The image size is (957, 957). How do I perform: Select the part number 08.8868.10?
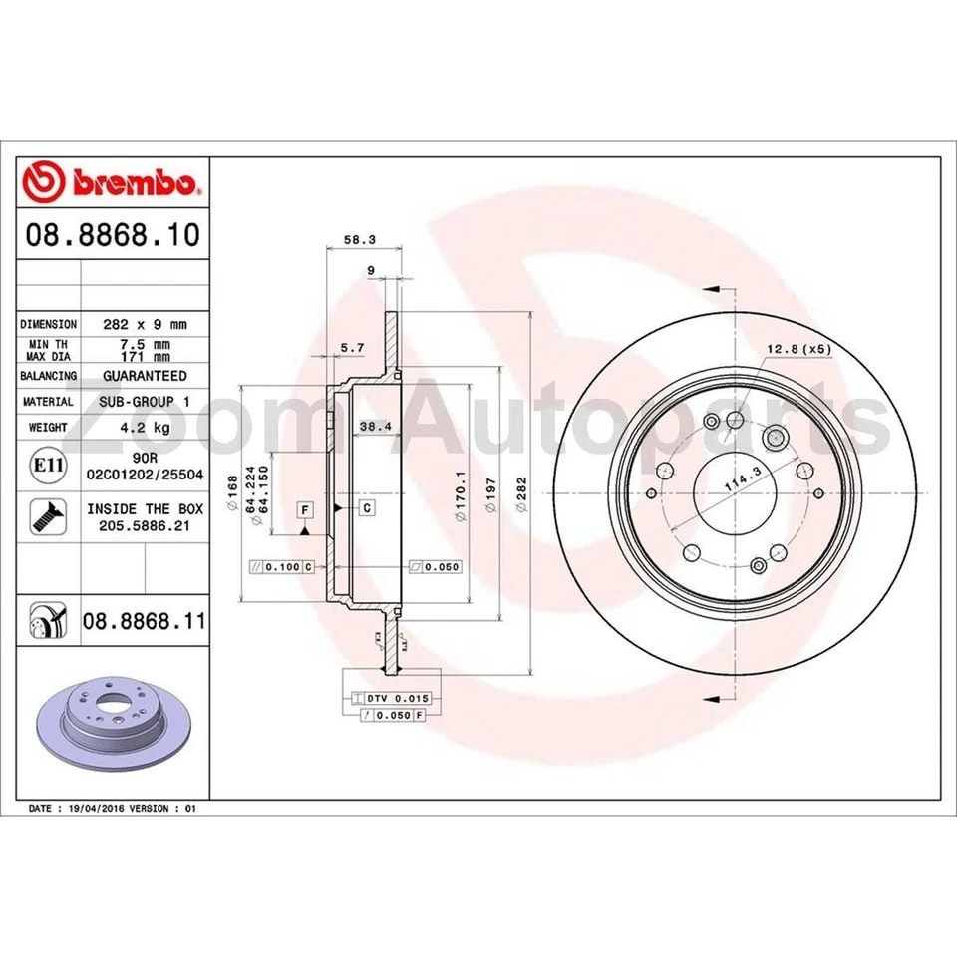(x=113, y=235)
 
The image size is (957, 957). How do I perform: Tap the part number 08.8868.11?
(x=145, y=621)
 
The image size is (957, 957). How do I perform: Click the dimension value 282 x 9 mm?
(x=145, y=324)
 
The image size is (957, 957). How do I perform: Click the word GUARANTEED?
(x=145, y=376)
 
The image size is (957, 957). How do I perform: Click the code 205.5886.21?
(x=145, y=524)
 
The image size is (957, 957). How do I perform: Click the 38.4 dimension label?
(x=372, y=426)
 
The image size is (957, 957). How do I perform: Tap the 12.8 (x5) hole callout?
(x=797, y=349)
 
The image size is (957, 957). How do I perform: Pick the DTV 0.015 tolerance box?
(x=390, y=698)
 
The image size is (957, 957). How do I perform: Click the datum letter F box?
(x=305, y=509)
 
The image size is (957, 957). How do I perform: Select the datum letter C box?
(x=367, y=508)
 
